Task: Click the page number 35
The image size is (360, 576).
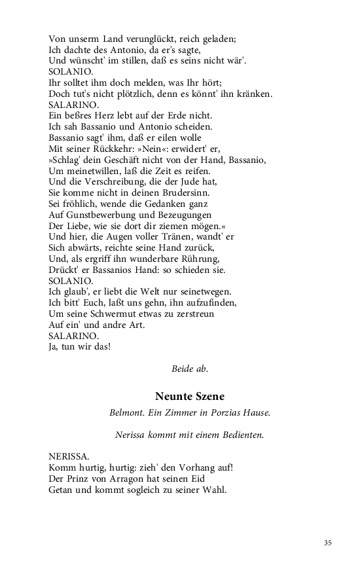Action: [328, 542]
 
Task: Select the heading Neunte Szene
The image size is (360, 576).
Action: [190, 396]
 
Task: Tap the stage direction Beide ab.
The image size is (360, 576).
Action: [190, 369]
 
